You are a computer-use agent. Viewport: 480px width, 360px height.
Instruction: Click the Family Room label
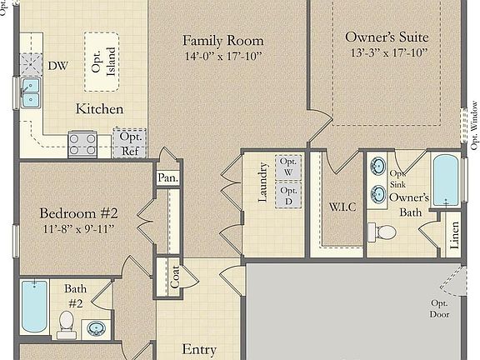pos(223,41)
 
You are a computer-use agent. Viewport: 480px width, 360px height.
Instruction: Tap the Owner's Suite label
pos(387,37)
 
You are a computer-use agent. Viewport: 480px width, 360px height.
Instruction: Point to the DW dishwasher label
pos(57,65)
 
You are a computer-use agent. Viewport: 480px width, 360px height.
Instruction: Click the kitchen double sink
pos(31,93)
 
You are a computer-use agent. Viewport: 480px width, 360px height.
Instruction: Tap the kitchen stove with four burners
pos(82,144)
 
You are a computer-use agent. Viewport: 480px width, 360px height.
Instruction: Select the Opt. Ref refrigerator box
pos(130,142)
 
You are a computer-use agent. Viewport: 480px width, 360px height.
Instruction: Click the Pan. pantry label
pos(167,178)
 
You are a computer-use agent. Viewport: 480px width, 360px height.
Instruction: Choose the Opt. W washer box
pos(288,167)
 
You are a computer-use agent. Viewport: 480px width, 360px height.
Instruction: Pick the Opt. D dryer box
pos(288,197)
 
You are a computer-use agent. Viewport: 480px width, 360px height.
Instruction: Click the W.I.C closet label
pos(342,206)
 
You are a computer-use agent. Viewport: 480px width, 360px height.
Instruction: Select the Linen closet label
pos(455,236)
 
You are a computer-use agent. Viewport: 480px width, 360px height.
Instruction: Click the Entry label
pos(199,350)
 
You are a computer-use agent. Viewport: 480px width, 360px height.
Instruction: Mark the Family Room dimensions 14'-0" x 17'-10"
pos(223,57)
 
